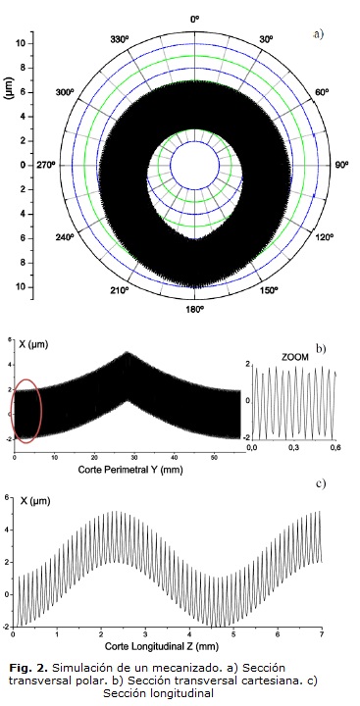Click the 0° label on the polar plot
coord(194,20)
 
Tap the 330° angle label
coord(120,39)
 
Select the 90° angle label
coord(341,165)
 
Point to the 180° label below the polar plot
coord(194,309)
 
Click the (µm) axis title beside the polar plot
coord(9,88)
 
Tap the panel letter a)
coord(318,34)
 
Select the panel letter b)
coord(321,348)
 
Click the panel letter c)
coord(321,484)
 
